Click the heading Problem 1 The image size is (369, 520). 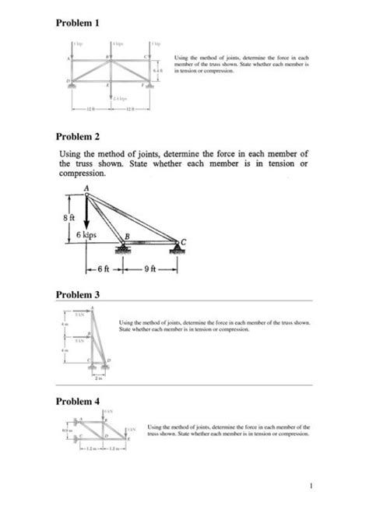point(81,23)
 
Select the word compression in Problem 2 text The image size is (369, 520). point(86,174)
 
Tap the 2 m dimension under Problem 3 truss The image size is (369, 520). point(97,378)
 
